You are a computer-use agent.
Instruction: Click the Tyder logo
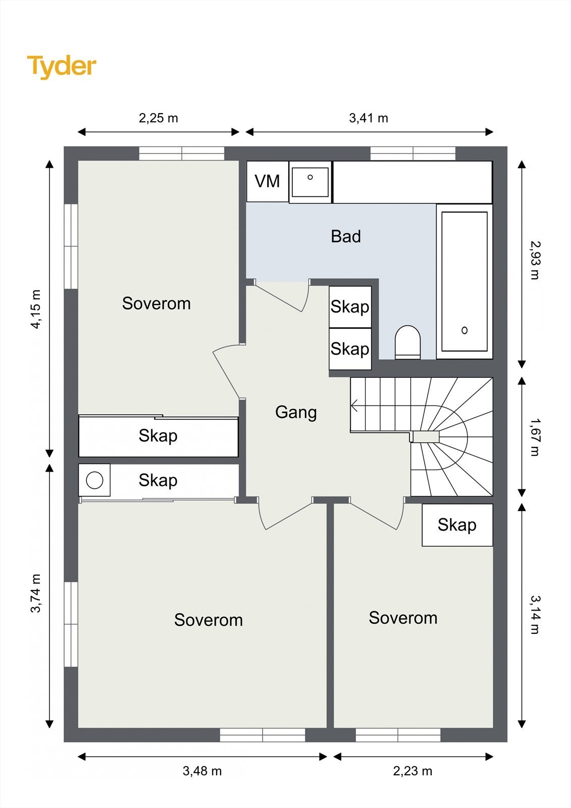(62, 67)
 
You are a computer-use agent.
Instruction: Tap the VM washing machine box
(267, 181)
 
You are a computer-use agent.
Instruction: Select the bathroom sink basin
(310, 182)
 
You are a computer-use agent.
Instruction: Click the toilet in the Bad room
(407, 342)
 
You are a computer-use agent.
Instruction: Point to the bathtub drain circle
(464, 330)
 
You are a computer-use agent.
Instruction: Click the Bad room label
(346, 236)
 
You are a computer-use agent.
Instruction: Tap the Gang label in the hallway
(296, 412)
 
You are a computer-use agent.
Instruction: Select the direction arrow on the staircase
(355, 405)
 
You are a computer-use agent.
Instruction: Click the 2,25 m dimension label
(159, 118)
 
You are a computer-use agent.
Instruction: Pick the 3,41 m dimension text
(369, 118)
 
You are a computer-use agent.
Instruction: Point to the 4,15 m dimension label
(36, 309)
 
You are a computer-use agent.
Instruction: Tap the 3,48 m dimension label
(202, 771)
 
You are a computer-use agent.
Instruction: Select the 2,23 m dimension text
(412, 771)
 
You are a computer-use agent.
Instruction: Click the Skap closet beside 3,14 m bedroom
(457, 525)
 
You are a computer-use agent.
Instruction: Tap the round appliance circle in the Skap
(94, 480)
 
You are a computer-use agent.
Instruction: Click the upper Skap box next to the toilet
(350, 307)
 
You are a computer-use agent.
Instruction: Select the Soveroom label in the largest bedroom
(209, 620)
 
